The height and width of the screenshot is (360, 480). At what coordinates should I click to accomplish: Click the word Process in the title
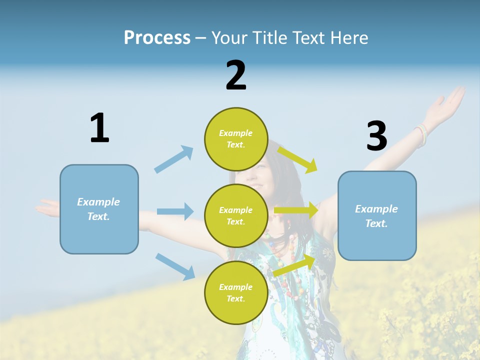157,38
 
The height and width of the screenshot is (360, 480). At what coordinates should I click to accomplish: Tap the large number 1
99,128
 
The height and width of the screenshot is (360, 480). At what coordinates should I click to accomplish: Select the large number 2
236,75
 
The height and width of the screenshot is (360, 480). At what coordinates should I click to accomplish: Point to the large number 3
376,136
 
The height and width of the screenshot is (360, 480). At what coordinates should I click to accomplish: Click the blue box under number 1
99,209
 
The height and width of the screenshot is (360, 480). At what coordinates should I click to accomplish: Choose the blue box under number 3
377,215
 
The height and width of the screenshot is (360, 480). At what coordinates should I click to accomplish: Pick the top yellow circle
235,139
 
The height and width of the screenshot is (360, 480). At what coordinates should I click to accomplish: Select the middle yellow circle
235,215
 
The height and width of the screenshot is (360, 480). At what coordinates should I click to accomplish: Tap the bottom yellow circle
235,292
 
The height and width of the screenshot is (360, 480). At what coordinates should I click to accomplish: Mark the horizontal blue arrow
175,211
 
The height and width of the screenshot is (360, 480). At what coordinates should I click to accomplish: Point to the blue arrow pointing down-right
175,266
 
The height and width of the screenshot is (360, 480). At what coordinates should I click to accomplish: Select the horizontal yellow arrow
296,210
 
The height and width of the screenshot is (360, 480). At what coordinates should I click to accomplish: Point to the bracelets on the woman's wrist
421,134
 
